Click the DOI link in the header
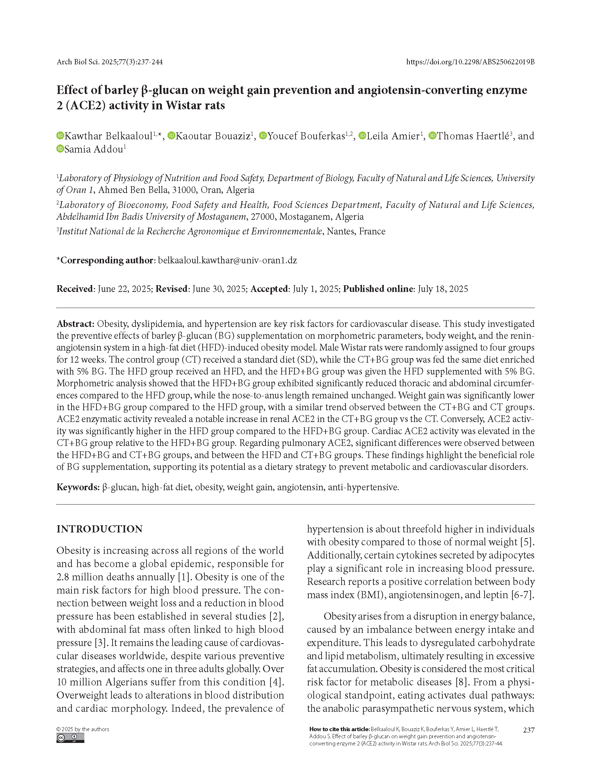pyautogui.click(x=470, y=62)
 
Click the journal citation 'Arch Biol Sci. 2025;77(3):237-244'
pyautogui.click(x=110, y=62)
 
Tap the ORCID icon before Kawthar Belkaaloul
pyautogui.click(x=60, y=136)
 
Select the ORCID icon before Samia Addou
pyautogui.click(x=60, y=149)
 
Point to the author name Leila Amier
pyautogui.click(x=393, y=136)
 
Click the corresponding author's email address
pyautogui.click(x=227, y=260)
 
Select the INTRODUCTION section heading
pyautogui.click(x=99, y=529)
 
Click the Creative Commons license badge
pyautogui.click(x=70, y=738)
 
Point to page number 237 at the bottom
pyautogui.click(x=528, y=730)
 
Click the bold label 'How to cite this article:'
pyautogui.click(x=339, y=729)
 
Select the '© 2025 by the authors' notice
pyautogui.click(x=83, y=729)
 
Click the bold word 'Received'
pyautogui.click(x=75, y=289)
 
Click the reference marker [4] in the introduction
pyautogui.click(x=275, y=682)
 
